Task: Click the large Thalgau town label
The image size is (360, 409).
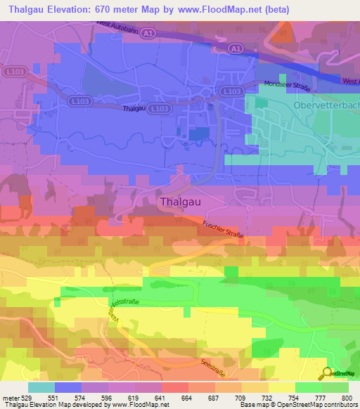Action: click(x=181, y=201)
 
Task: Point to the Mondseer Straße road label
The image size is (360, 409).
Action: click(x=287, y=86)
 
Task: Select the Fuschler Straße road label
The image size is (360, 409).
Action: click(x=223, y=229)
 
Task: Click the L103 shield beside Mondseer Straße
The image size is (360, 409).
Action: click(x=231, y=91)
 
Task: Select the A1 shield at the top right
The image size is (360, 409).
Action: click(x=237, y=48)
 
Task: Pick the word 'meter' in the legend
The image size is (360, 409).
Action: click(x=11, y=397)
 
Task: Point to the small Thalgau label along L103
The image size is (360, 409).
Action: click(x=134, y=109)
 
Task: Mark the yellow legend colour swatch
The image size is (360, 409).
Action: click(x=281, y=387)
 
